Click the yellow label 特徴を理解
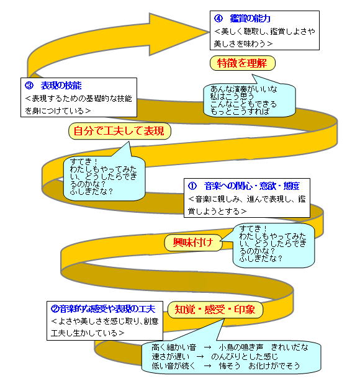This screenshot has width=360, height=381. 242,63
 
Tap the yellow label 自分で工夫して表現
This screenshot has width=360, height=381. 120,131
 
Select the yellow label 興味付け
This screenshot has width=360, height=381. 194,243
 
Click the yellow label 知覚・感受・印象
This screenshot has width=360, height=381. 215,310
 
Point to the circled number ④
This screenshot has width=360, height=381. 218,19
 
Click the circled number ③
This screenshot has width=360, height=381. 29,86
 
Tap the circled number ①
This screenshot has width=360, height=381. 192,186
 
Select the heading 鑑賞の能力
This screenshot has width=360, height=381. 250,19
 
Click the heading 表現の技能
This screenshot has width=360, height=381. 61,86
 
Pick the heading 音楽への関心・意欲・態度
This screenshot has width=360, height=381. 251,186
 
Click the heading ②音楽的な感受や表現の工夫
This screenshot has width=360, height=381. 103,309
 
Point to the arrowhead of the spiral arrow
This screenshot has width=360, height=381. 209,32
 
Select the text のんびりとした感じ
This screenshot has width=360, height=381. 245,356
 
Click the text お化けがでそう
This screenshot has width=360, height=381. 274,365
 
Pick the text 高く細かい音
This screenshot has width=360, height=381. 174,347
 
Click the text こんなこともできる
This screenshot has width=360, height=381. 243,104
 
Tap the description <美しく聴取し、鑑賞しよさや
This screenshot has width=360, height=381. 264,32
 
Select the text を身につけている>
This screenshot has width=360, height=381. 58,111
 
